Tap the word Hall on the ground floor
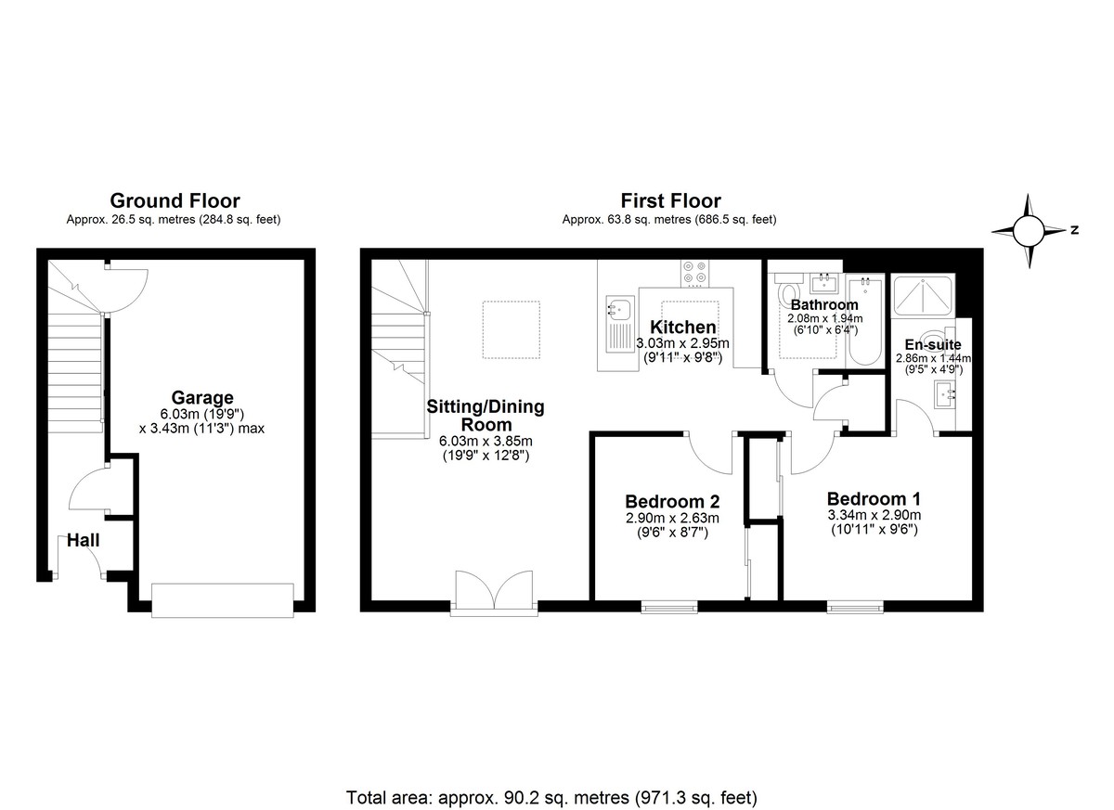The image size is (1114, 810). click(83, 540)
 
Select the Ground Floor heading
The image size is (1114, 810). click(175, 200)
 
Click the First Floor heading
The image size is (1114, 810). click(670, 200)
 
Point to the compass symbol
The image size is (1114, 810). click(1028, 231)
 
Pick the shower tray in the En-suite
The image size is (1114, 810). click(921, 298)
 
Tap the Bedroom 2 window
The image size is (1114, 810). click(669, 608)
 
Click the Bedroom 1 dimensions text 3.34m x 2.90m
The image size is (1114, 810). click(874, 515)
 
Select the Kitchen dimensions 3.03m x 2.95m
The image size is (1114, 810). click(682, 343)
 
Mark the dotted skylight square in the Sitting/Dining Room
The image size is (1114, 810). click(510, 329)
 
